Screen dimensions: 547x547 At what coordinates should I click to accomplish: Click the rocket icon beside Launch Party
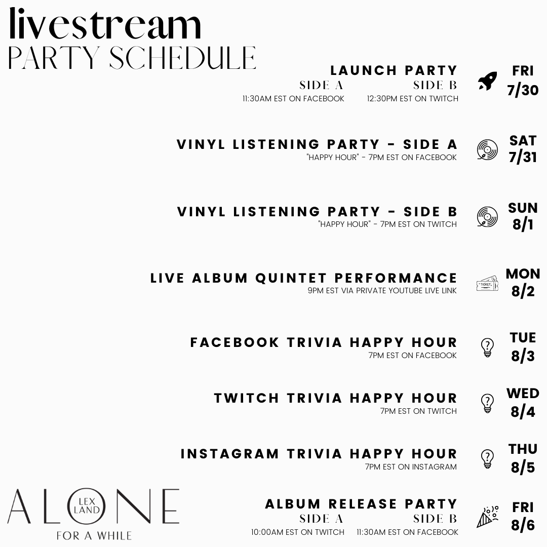point(487,81)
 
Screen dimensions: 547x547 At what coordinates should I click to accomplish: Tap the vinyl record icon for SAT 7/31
point(487,150)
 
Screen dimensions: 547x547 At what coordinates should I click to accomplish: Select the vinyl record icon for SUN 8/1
point(487,217)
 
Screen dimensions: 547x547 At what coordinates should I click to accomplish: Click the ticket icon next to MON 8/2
point(487,284)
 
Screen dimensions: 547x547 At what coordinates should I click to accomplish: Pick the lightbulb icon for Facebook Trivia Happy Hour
point(487,348)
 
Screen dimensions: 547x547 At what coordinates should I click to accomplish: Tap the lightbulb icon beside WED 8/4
point(487,403)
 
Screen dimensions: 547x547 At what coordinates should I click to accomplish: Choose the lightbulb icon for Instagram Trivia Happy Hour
point(487,459)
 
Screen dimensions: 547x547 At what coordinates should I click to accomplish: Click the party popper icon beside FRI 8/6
point(487,517)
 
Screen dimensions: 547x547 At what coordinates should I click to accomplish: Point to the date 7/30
point(523,91)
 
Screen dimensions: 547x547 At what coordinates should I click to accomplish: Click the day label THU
point(523,449)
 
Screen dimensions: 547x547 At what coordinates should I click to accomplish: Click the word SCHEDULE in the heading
point(182,58)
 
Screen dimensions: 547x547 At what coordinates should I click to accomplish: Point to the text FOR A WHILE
point(94,535)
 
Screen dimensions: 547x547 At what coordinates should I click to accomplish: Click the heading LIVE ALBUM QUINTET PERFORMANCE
point(304,278)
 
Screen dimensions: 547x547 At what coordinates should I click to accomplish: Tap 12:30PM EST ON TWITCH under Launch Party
point(412,99)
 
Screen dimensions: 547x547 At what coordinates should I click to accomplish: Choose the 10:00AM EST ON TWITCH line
point(298,532)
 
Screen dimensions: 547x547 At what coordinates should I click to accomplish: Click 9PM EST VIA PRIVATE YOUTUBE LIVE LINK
point(382,291)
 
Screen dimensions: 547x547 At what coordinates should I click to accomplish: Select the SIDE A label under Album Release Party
point(321,519)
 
